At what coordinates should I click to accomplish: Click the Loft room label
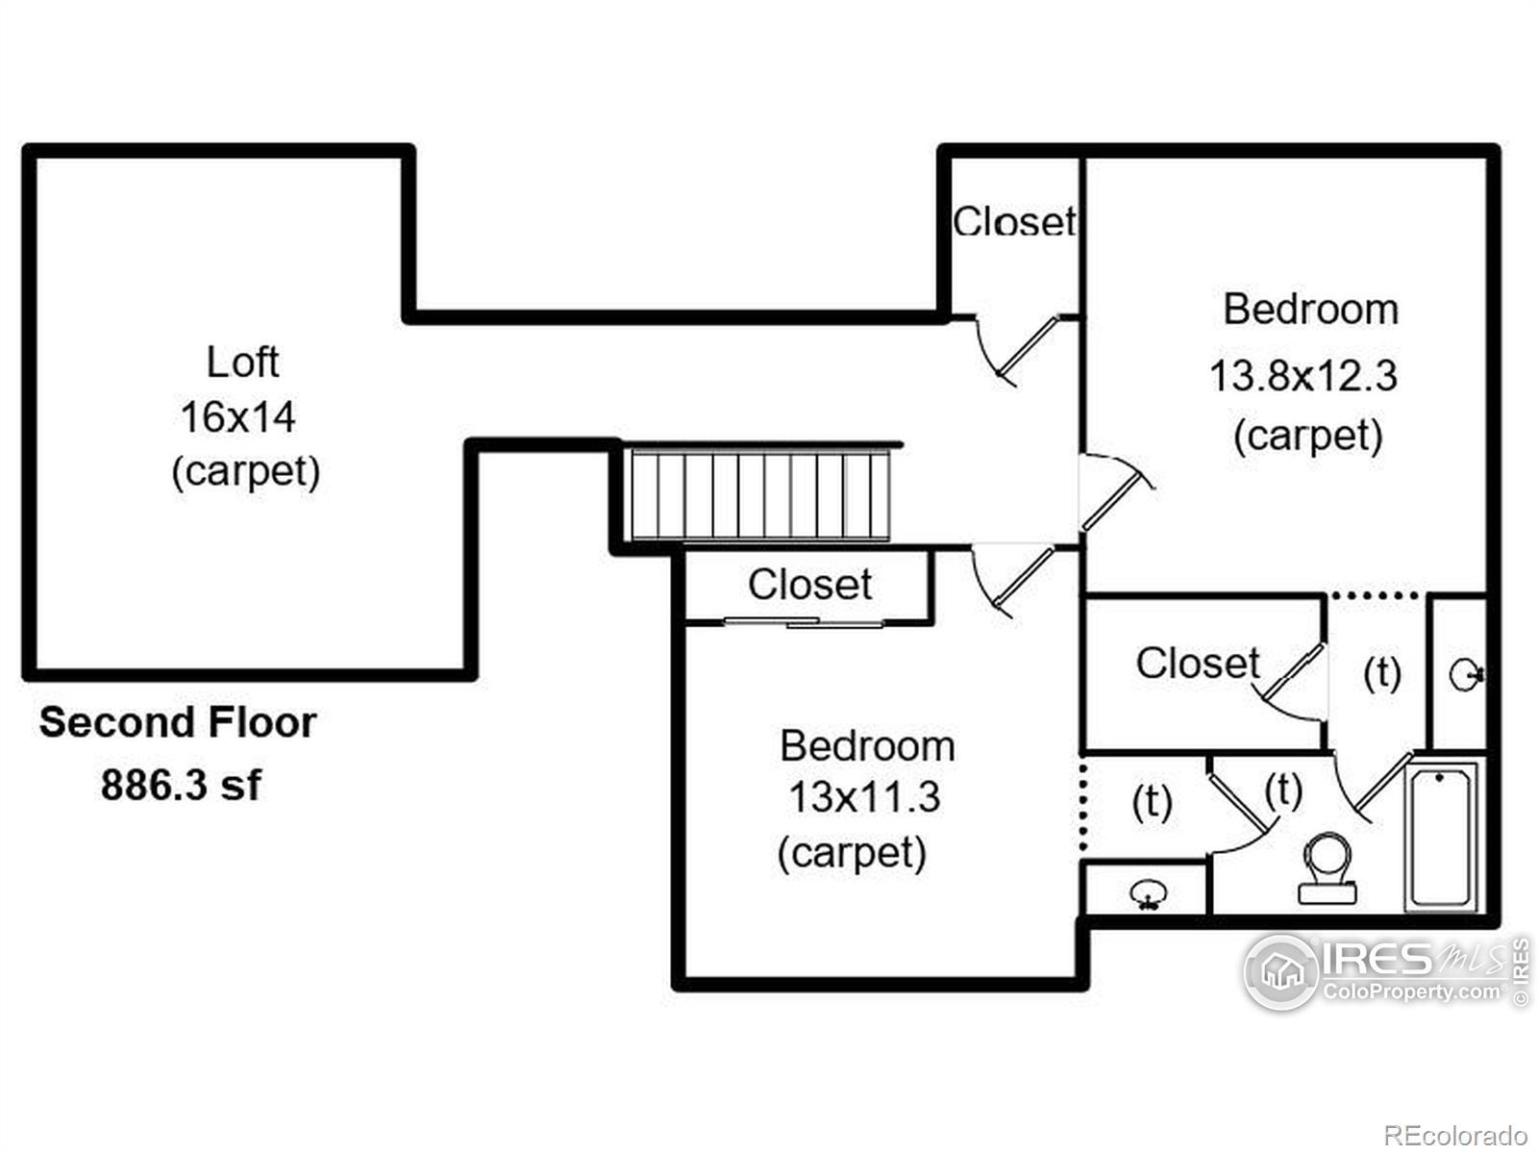coord(242,363)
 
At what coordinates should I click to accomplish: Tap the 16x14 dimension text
coord(237,417)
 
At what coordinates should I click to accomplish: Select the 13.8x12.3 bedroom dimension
coord(1302,376)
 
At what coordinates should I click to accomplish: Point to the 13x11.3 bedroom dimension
coord(864,797)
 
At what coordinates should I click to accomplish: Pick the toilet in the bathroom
coord(1327,868)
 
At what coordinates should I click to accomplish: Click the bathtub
coord(1440,836)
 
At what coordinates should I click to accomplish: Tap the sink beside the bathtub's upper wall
coord(1465,674)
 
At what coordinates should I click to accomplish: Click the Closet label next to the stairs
coord(809,585)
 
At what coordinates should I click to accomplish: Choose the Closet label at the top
coord(1014,222)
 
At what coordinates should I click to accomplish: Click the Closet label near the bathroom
coord(1197,664)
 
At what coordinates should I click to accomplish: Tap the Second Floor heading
coord(178,723)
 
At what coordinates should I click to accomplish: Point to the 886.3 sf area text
coord(181,786)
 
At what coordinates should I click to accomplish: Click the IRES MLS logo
coord(1384,971)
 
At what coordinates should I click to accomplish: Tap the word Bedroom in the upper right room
coord(1310,310)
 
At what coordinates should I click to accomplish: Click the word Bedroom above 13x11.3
coord(867,746)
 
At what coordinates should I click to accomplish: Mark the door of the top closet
coord(1029,346)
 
